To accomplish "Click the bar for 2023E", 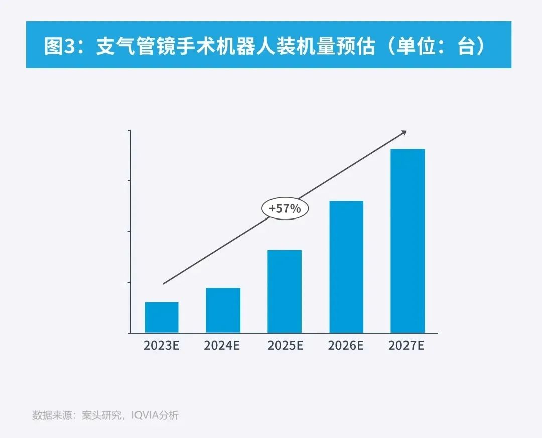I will pyautogui.click(x=162, y=317).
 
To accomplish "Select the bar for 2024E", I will pyautogui.click(x=223, y=310).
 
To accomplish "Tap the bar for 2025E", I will pyautogui.click(x=285, y=291).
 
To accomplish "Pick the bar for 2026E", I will pyautogui.click(x=346, y=267).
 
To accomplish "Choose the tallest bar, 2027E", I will pyautogui.click(x=408, y=241).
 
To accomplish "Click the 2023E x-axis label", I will pyautogui.click(x=162, y=346).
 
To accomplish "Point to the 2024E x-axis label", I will pyautogui.click(x=223, y=346).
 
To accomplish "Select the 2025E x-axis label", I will pyautogui.click(x=285, y=346).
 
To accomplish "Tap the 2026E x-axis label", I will pyautogui.click(x=346, y=346).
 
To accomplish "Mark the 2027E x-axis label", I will pyautogui.click(x=407, y=346).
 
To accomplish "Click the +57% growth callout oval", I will pyautogui.click(x=285, y=208).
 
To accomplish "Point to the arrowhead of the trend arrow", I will pyautogui.click(x=404, y=132).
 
